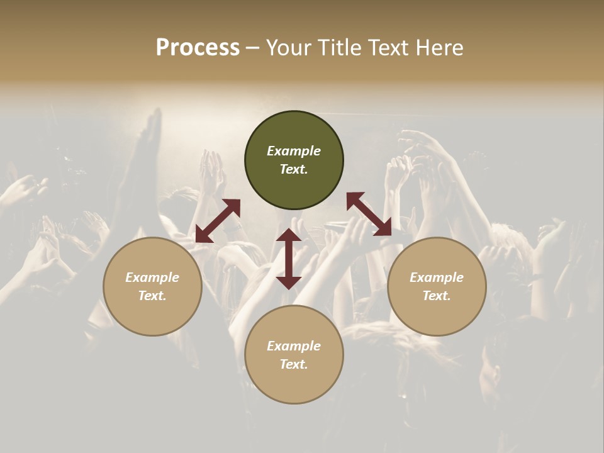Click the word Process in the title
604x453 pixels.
click(x=198, y=48)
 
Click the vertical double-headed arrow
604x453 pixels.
click(x=289, y=259)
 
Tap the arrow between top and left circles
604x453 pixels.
click(x=218, y=220)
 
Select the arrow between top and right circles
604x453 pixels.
click(x=369, y=215)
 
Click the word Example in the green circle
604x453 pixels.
click(x=294, y=151)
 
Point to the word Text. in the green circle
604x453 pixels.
click(x=294, y=169)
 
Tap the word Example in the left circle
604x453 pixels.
click(x=152, y=277)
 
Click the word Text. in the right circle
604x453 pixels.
click(x=437, y=296)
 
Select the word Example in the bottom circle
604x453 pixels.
click(x=294, y=346)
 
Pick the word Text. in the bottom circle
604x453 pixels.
click(x=294, y=364)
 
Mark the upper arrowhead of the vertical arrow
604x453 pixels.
click(x=289, y=236)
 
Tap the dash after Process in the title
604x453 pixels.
click(x=253, y=48)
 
